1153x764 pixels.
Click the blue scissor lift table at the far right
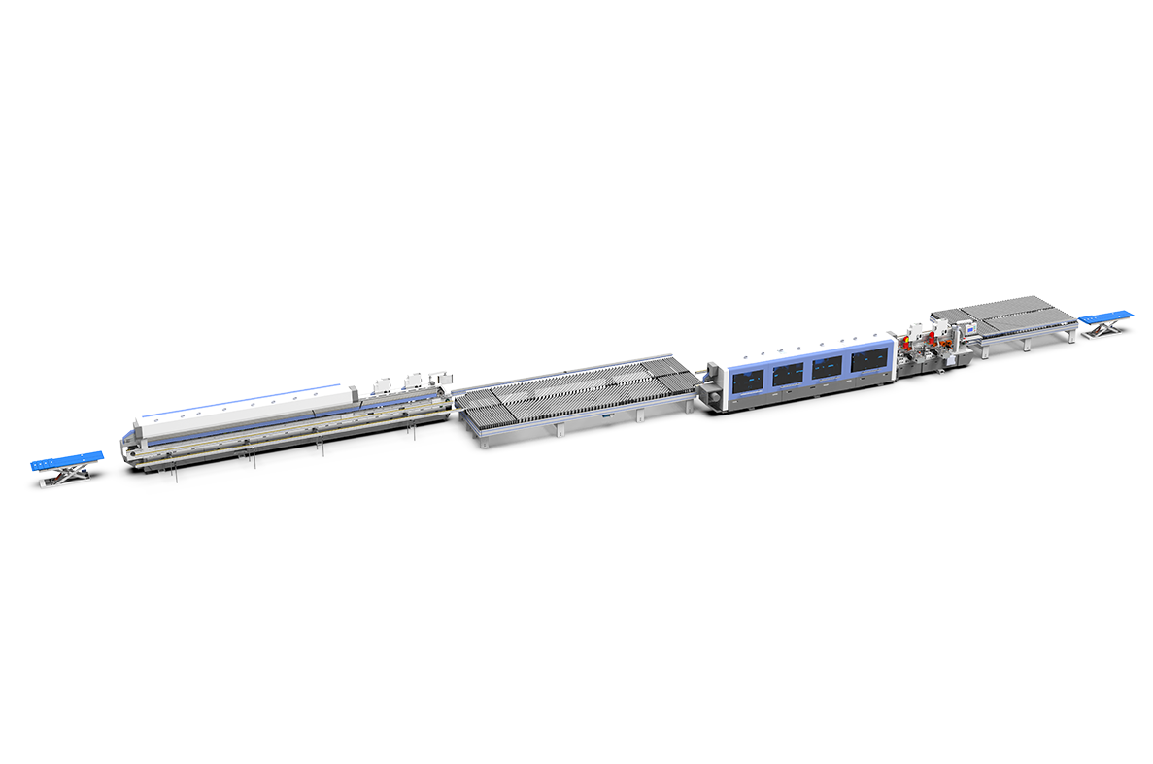pos(1105,316)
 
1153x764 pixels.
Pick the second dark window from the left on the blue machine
pos(788,373)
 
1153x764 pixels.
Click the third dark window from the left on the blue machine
pos(827,367)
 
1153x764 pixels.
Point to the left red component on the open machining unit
pos(908,341)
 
